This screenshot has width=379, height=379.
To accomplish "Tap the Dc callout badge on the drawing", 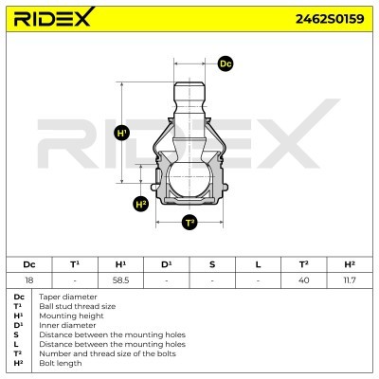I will pos(226,63).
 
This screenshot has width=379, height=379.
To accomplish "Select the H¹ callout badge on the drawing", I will pos(122,134).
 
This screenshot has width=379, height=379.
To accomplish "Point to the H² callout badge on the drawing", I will pos(141,203).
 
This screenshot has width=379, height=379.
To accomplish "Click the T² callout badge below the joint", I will pos(189,223).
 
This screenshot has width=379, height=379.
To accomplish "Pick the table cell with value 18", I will pos(29,280).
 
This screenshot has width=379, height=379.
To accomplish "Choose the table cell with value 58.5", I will pos(120,280).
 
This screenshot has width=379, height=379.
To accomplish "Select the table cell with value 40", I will pos(304,280).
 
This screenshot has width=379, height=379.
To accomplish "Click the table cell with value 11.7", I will pos(350,280).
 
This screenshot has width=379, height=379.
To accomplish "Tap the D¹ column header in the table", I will pos(166,264).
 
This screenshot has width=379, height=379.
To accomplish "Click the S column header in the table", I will pos(212,264).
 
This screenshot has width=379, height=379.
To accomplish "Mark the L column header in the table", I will pos(258,264).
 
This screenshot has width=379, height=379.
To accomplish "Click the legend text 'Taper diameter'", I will pos(63,297).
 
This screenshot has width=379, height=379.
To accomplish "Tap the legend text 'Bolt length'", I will pos(58,363).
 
